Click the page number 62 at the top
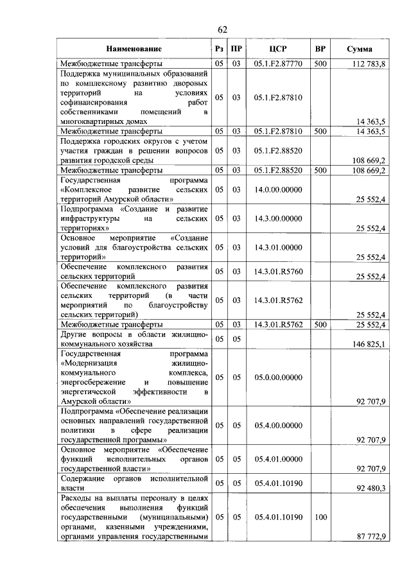click(x=223, y=30)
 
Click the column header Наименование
click(x=134, y=49)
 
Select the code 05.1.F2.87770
click(x=278, y=64)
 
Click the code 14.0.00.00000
click(x=278, y=191)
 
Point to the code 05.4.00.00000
click(x=278, y=425)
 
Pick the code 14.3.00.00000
click(x=278, y=219)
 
